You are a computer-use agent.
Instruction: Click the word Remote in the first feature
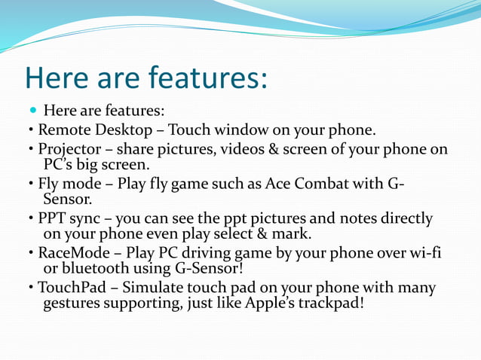(63, 130)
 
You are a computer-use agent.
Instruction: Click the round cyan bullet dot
(31, 110)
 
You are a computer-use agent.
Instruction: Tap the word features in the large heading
(205, 78)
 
